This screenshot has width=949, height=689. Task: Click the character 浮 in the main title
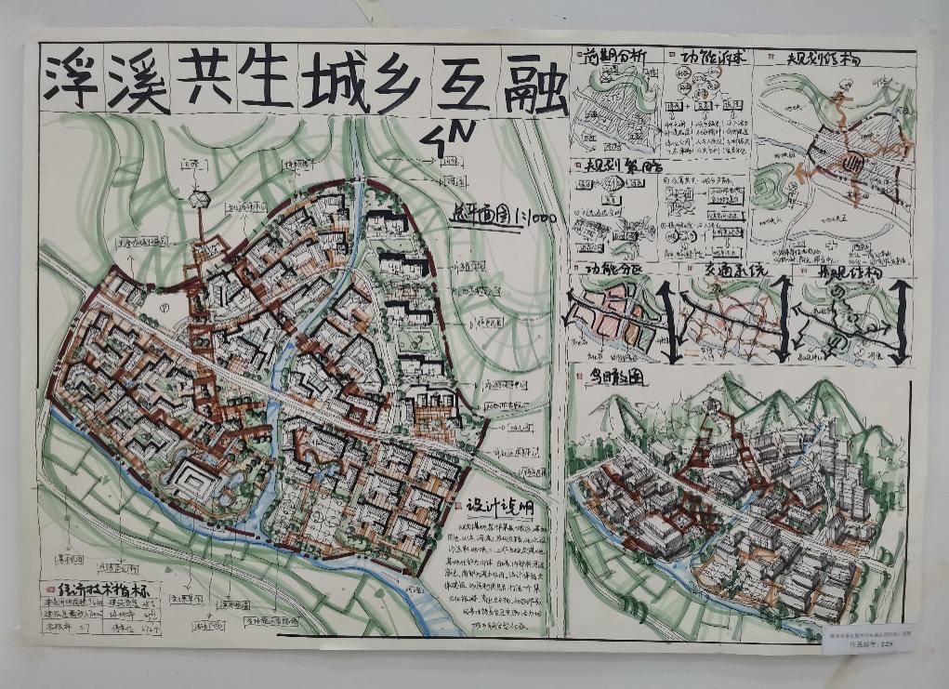pyautogui.click(x=76, y=82)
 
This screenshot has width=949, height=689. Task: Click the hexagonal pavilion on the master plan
pyautogui.click(x=198, y=198)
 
